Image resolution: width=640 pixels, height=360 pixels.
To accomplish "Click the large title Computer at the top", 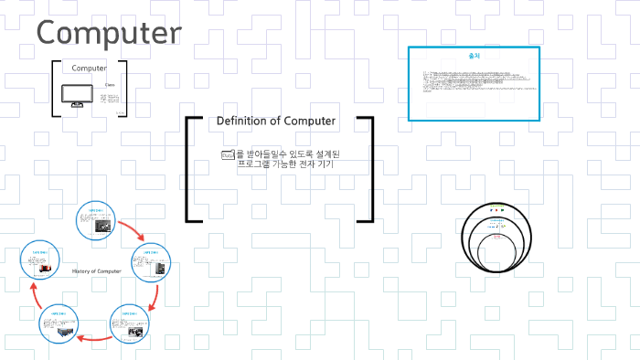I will (109, 33).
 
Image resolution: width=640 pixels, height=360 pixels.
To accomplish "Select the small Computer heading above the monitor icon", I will (89, 69).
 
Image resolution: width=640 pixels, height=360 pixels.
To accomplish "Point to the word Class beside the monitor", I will (110, 85).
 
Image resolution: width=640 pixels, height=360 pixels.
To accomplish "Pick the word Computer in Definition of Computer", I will (308, 121).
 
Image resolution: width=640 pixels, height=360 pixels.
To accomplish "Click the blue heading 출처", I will (473, 56).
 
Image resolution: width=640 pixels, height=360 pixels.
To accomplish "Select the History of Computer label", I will (96, 271).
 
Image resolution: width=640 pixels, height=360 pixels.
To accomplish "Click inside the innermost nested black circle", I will (498, 244).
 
